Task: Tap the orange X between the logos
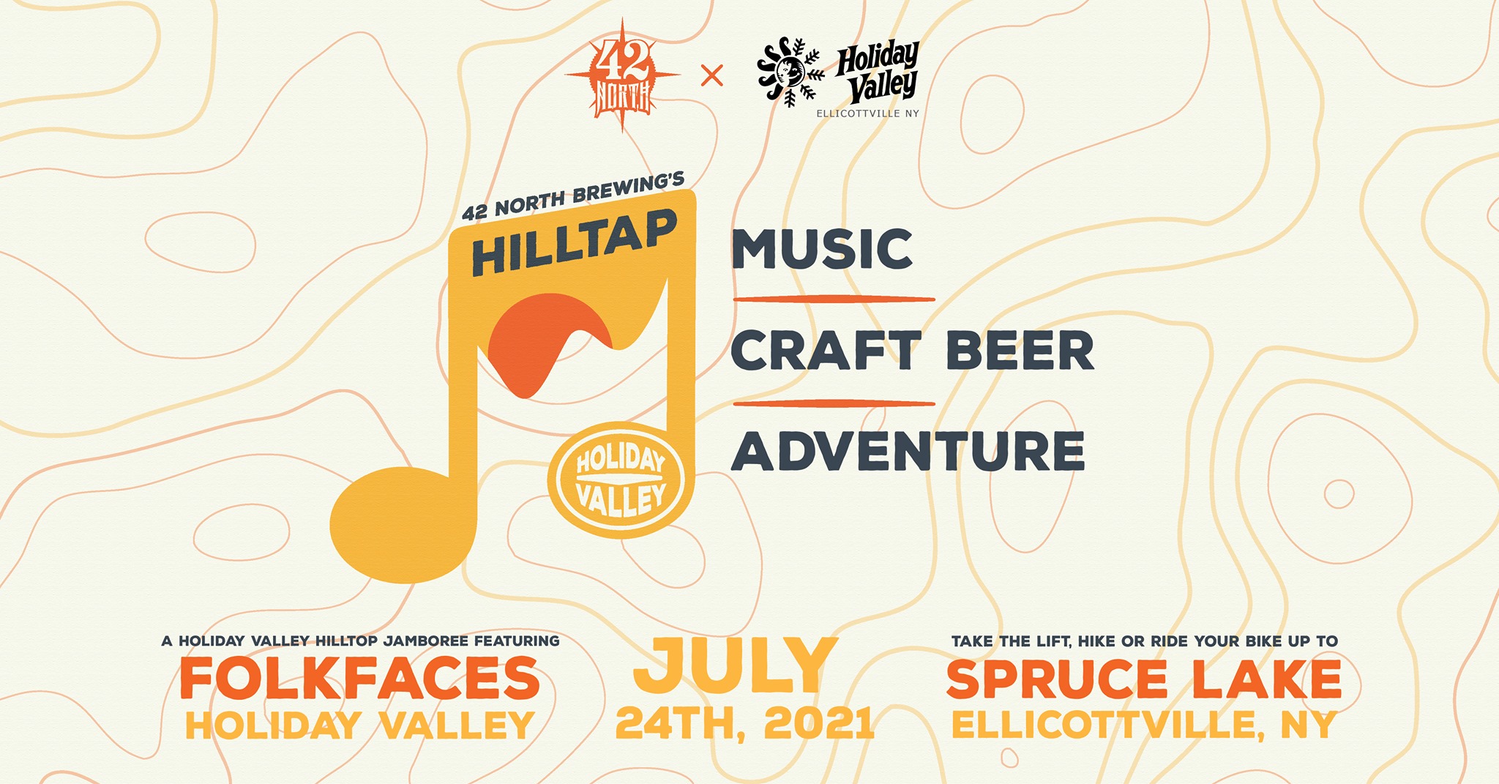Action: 711,75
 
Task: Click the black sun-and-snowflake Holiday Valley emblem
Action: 790,72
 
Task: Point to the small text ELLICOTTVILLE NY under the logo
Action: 867,113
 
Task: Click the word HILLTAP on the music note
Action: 575,242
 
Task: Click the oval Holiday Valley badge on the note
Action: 621,479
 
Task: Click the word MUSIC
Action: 822,249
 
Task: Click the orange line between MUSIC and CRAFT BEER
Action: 834,299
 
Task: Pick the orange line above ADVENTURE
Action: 834,403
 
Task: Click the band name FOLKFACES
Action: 360,678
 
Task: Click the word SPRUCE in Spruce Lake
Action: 1057,679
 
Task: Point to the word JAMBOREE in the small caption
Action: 425,641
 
